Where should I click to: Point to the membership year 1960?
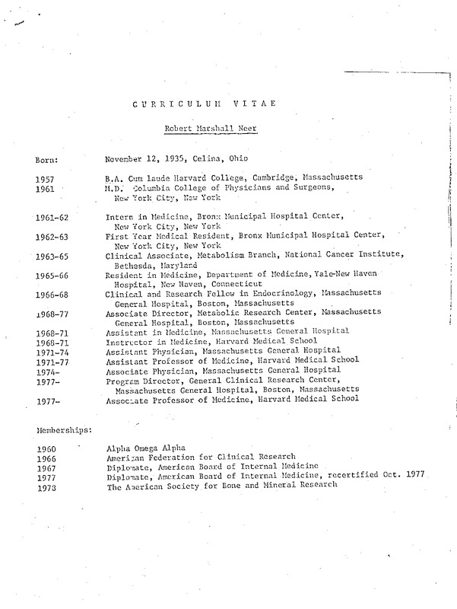(x=46, y=448)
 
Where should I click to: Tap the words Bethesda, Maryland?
(x=151, y=266)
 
